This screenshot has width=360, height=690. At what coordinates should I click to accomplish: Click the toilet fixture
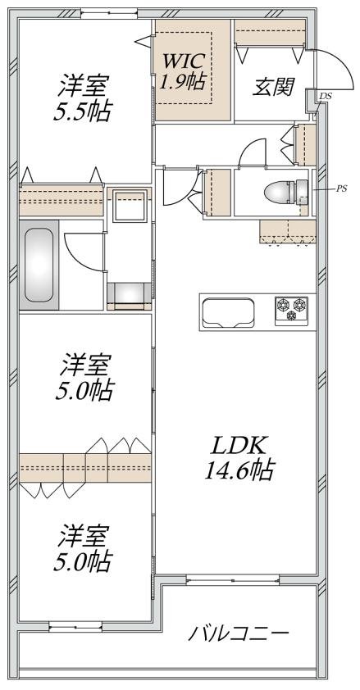click(286, 192)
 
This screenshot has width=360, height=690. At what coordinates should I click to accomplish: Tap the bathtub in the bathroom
click(39, 265)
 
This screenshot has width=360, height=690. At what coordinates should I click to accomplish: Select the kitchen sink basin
click(228, 312)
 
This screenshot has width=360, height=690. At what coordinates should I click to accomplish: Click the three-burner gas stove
click(291, 311)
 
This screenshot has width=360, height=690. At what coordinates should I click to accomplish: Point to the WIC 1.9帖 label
click(184, 70)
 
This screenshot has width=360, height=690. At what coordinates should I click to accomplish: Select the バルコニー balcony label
click(239, 633)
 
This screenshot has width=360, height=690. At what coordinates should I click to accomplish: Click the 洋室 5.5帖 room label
click(82, 98)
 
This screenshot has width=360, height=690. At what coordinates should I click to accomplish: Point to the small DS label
click(326, 96)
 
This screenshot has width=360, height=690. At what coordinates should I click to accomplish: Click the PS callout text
click(341, 188)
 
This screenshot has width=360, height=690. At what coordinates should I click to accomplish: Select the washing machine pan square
click(130, 206)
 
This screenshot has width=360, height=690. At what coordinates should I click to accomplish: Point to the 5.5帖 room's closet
click(62, 200)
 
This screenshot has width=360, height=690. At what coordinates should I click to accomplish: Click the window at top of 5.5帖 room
click(109, 14)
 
